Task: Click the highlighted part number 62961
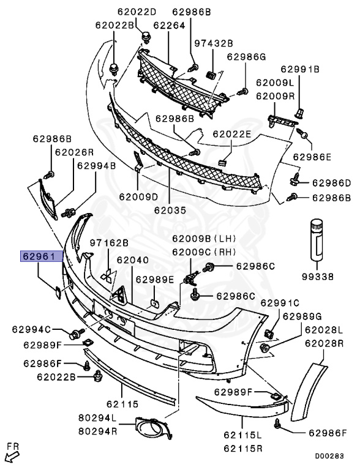(41, 256)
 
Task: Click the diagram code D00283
(329, 456)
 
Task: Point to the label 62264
(169, 26)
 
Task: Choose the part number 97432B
(213, 43)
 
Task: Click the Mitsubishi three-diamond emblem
(107, 276)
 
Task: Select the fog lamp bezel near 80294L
(153, 428)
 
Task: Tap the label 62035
(170, 211)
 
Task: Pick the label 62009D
(138, 196)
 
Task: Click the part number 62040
(132, 260)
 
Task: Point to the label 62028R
(324, 343)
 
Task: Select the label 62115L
(242, 435)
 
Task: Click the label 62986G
(246, 57)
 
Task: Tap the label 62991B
(300, 69)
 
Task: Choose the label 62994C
(31, 329)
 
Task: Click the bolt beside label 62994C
(77, 334)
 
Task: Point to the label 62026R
(74, 152)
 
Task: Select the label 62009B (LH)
(204, 239)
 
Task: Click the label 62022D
(137, 12)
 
